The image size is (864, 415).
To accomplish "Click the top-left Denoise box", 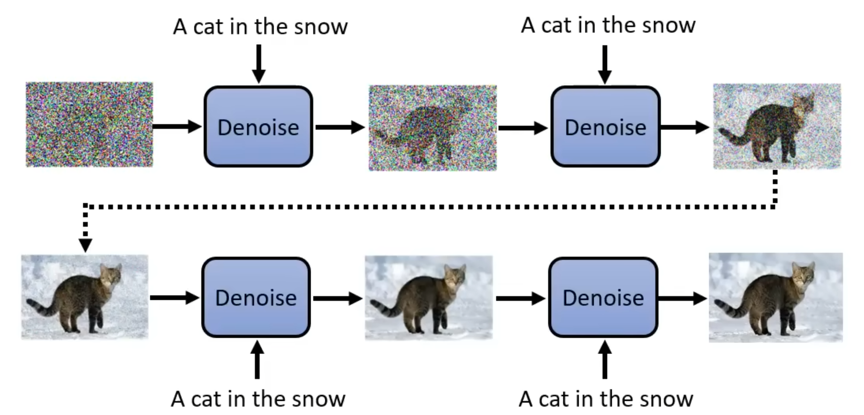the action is [x=258, y=127].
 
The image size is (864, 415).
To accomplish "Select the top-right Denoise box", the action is [x=605, y=127].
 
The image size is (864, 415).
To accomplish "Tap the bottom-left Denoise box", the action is [x=256, y=297].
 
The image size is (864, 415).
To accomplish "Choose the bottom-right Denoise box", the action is [x=603, y=297].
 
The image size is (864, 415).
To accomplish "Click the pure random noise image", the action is [x=89, y=125].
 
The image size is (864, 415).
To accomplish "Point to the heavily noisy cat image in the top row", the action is [x=433, y=128].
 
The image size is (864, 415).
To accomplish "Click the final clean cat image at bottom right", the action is [x=776, y=297].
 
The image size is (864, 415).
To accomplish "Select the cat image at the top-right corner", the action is [x=777, y=126].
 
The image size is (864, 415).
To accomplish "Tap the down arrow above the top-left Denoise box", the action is [x=258, y=64].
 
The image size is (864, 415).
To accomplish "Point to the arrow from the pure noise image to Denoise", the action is [x=177, y=126].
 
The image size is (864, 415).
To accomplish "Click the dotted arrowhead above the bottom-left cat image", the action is [x=85, y=245].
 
